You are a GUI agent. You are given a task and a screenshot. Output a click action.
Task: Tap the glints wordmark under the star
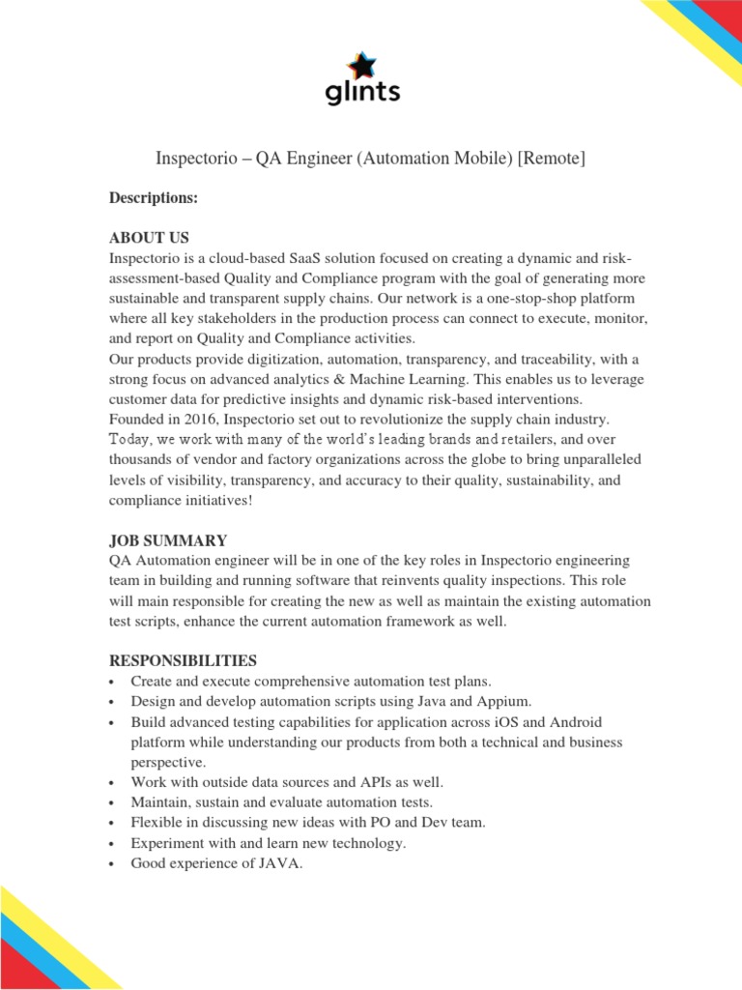361,92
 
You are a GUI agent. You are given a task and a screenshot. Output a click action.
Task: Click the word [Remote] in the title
552,158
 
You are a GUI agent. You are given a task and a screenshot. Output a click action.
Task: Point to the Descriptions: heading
153,197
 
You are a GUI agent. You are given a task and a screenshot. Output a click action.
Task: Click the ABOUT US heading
149,237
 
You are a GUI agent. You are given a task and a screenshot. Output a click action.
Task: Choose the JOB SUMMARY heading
168,539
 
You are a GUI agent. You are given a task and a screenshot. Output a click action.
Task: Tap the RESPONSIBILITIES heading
183,660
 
